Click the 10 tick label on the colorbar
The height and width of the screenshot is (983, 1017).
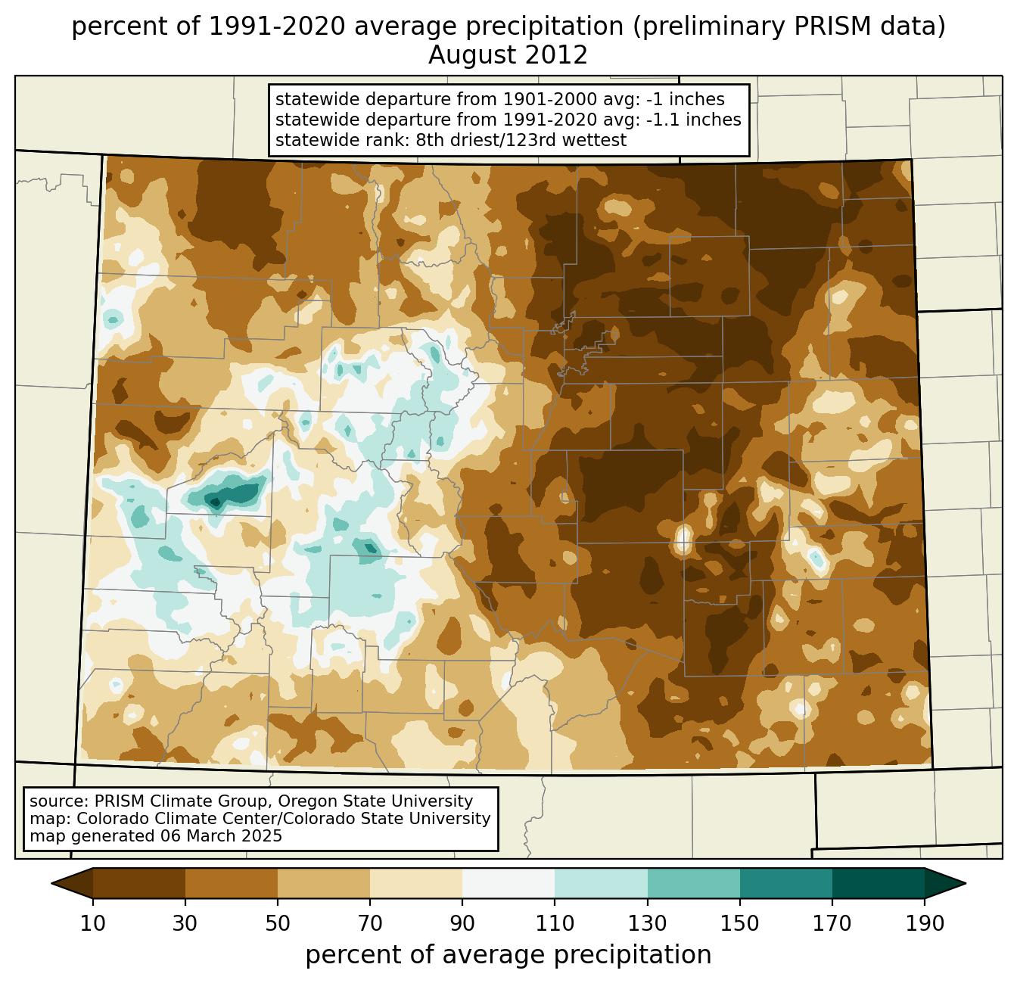pos(93,924)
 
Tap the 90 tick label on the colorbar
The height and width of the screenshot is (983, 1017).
pos(462,924)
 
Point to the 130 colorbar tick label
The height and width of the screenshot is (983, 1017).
pos(648,924)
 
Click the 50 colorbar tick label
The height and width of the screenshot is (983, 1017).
pos(278,924)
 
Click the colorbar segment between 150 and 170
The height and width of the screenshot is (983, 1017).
pos(786,883)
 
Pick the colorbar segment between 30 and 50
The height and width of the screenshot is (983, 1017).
pos(232,883)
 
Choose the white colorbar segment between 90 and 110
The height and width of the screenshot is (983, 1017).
pos(508,883)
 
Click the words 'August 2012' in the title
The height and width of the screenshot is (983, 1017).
pos(508,55)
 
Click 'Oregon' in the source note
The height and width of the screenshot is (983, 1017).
pos(325,801)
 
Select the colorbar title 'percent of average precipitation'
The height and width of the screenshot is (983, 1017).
pos(508,955)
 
